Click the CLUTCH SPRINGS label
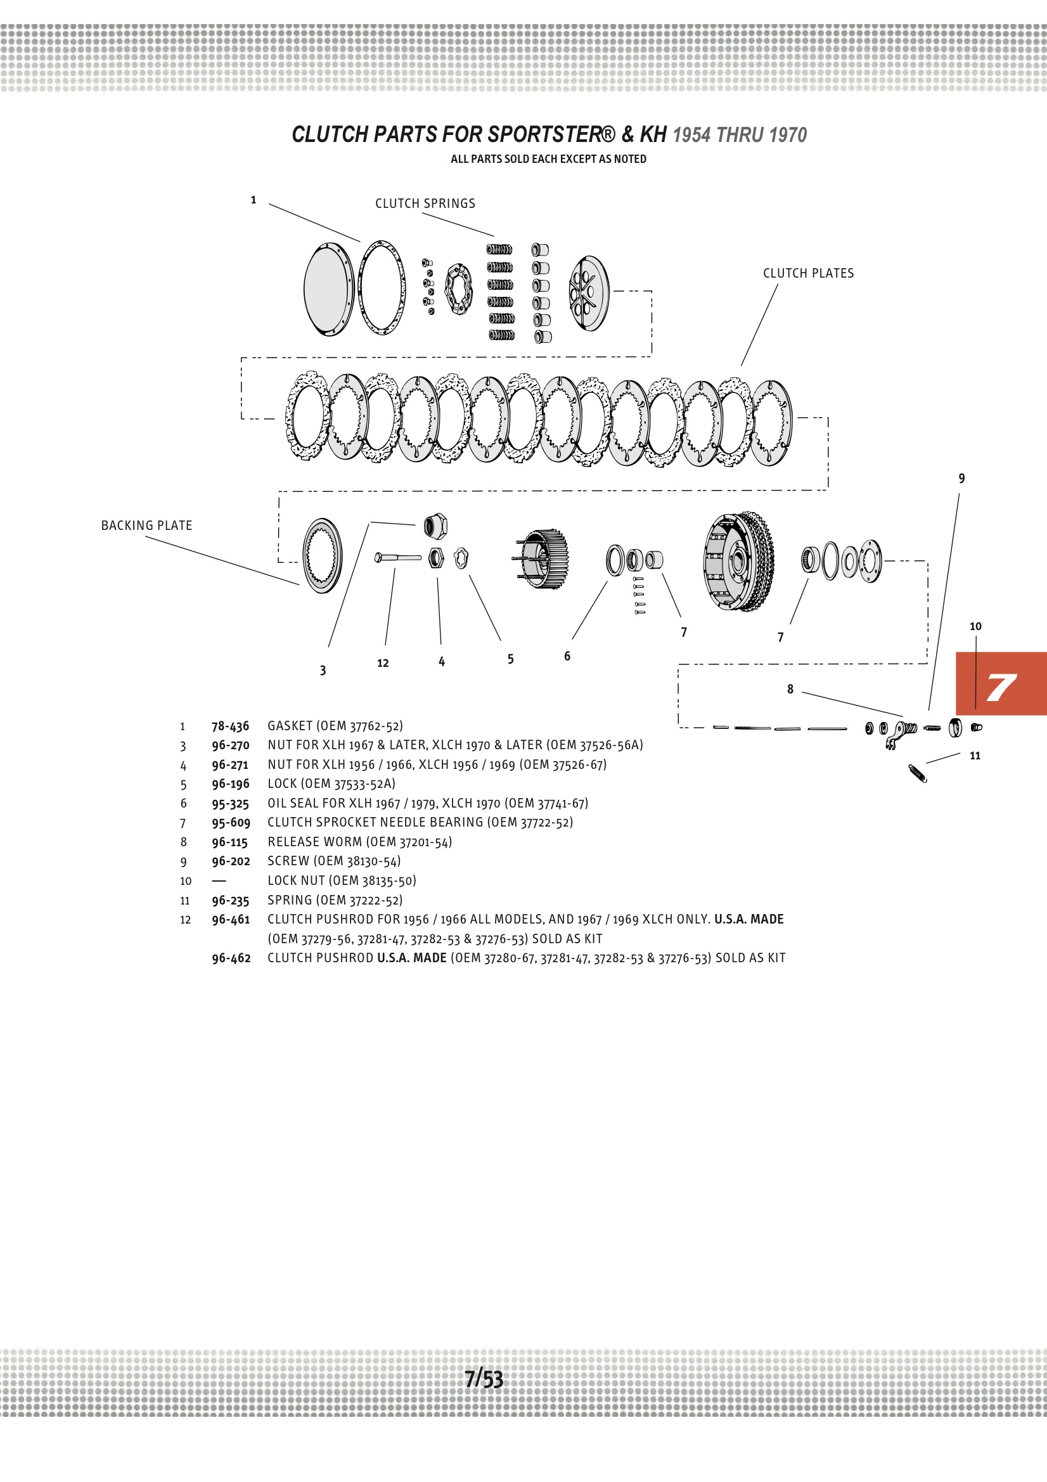425,203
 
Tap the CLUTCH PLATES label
807,273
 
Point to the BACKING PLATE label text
146,525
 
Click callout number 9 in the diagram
961,479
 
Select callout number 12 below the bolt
383,663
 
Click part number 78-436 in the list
230,726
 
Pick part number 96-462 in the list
231,958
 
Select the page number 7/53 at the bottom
484,1379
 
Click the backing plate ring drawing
322,555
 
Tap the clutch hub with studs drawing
543,559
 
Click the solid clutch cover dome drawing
328,288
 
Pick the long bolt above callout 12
397,557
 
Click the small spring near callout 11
917,773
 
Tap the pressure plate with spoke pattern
588,293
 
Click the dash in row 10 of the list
219,880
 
